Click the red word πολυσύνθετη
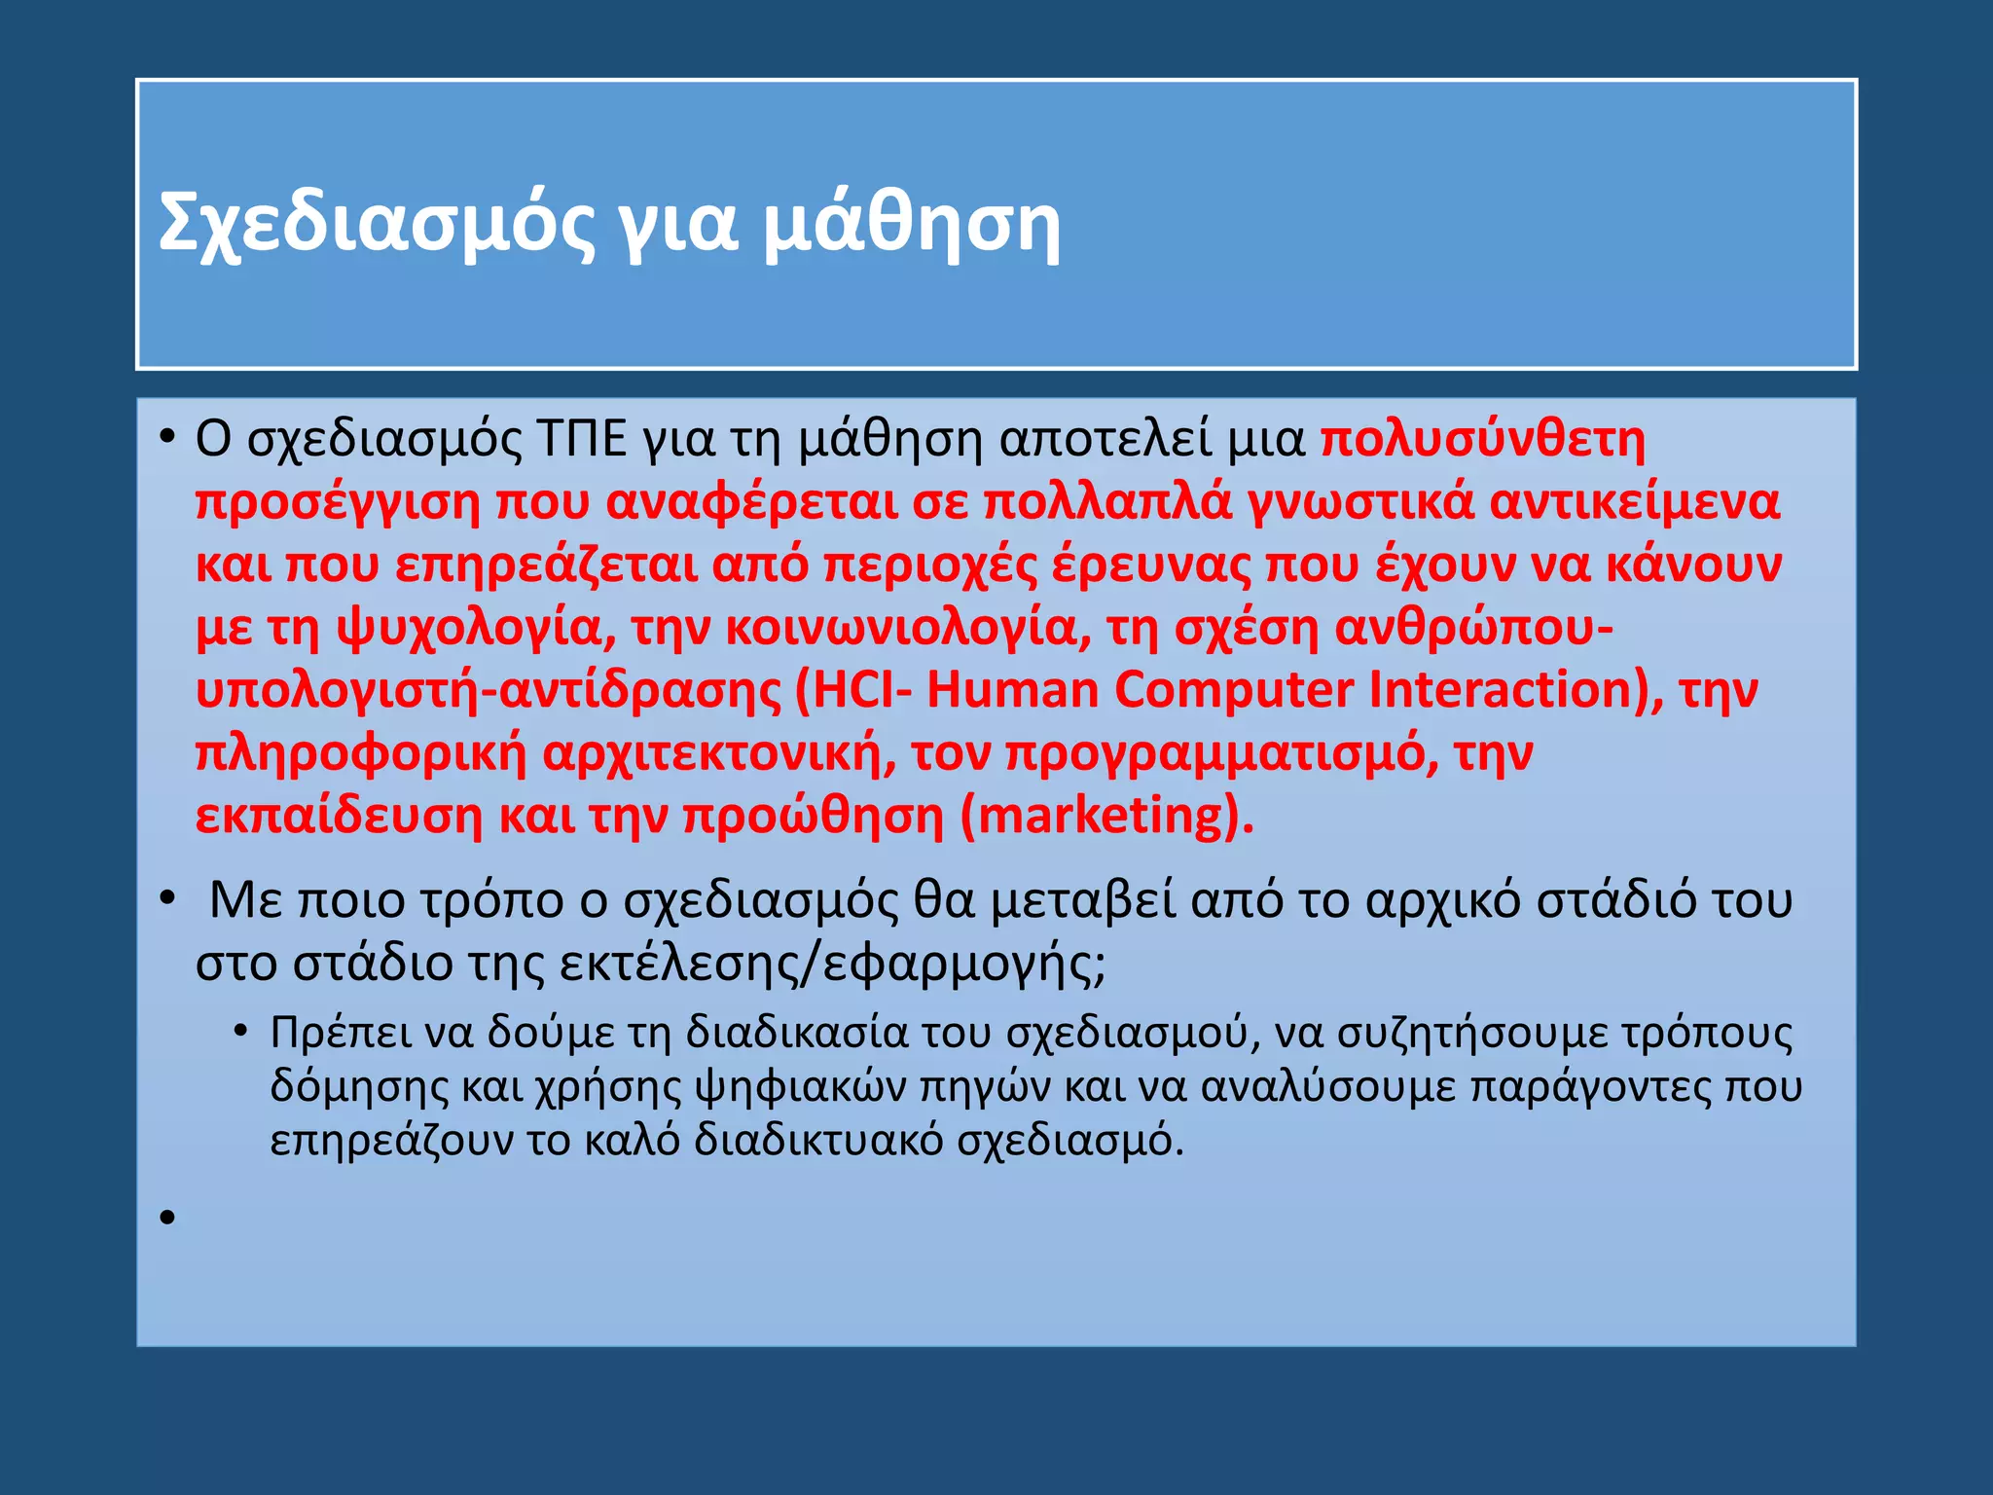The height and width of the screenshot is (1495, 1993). (1482, 440)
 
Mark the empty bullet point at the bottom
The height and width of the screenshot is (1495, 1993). (167, 1218)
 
